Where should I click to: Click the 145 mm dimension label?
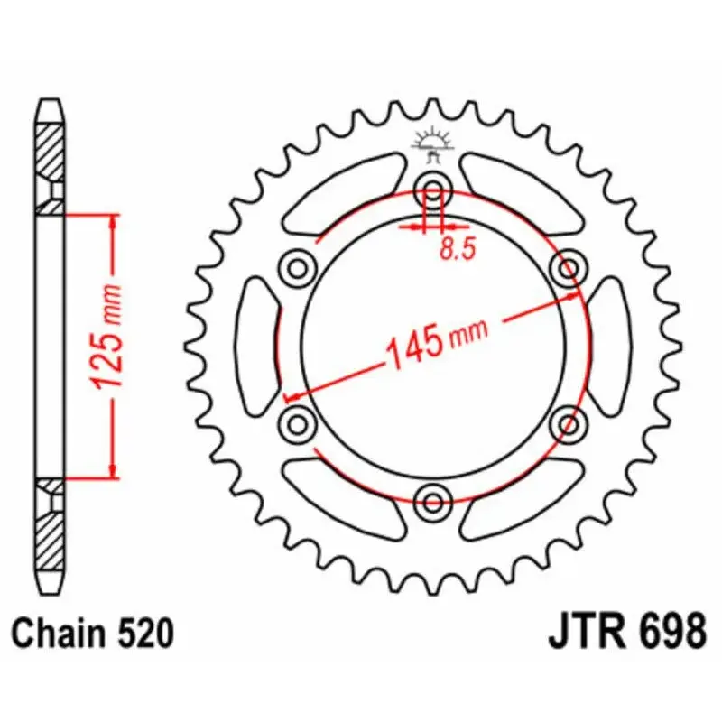(437, 342)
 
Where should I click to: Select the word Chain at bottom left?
(58, 634)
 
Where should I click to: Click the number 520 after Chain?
(145, 634)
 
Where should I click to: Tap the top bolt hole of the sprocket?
(433, 190)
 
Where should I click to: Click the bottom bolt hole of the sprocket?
(433, 503)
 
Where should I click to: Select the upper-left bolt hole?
(298, 268)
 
